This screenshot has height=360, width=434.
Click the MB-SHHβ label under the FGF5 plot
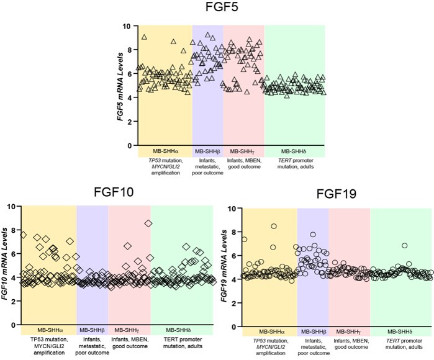coord(207,151)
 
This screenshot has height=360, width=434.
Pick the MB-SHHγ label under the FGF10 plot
coord(129,331)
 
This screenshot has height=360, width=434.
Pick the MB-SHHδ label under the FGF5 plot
coord(293,151)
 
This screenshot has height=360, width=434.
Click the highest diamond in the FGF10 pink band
coord(148,223)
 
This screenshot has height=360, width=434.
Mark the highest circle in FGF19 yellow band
coord(274,227)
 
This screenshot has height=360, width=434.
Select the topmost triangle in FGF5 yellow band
coord(145,37)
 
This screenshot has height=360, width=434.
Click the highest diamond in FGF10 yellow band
coord(24,235)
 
